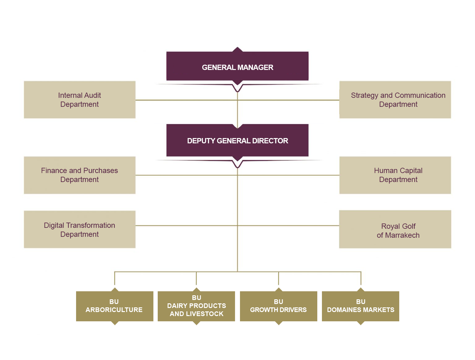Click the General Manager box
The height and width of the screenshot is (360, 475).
pos(237,67)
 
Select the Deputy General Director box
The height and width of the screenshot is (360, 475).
pos(237,140)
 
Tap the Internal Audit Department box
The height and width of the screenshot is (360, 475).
pos(79,100)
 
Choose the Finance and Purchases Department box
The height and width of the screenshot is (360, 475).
pos(79,175)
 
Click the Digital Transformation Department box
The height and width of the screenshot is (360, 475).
pos(79,229)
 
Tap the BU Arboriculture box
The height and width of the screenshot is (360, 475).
pos(114,306)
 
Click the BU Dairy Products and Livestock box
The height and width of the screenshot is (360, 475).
pos(196,306)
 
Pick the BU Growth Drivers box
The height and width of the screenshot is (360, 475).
pos(278,306)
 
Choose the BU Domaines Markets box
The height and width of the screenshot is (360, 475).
pos(361,306)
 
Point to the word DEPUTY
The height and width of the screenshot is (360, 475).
pos(201,141)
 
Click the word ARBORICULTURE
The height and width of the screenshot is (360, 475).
pos(114,310)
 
